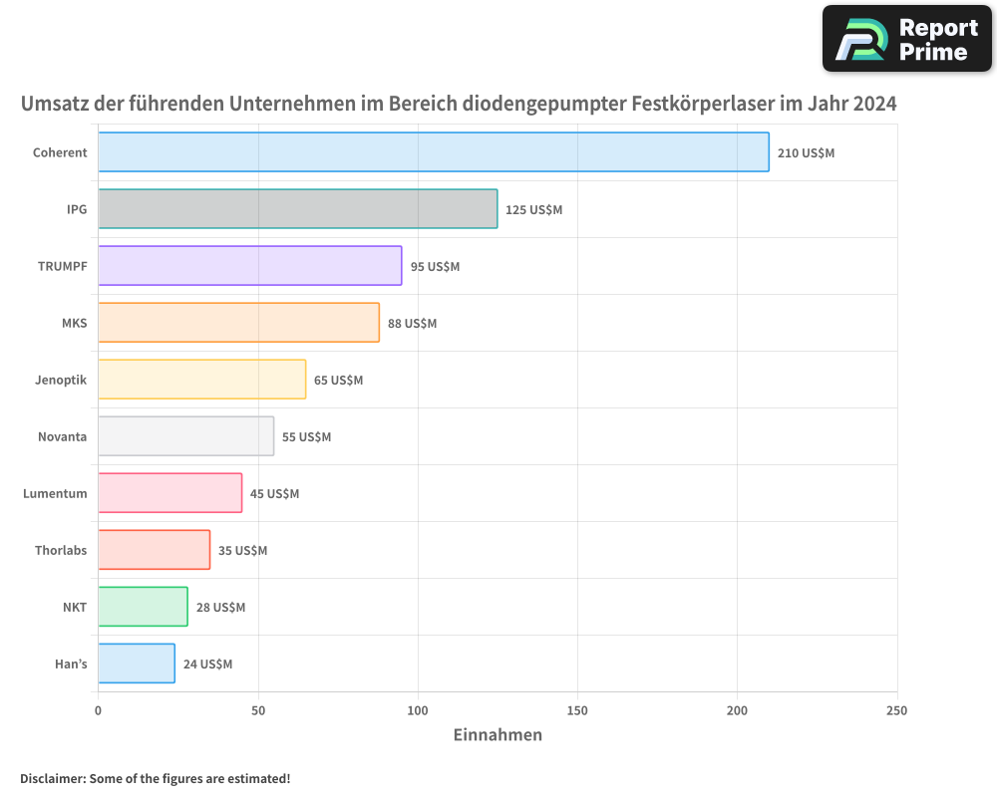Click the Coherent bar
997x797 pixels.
coord(434,152)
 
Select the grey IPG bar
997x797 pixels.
coord(297,209)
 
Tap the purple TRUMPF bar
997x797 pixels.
coord(249,266)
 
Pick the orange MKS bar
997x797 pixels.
coord(238,323)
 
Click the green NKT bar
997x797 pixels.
coord(143,607)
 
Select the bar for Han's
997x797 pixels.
coord(137,664)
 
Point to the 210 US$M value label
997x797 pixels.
coord(806,152)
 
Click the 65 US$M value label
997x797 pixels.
coord(338,380)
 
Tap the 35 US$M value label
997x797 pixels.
coord(242,550)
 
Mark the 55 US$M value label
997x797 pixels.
coord(306,436)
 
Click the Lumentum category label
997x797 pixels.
coord(55,493)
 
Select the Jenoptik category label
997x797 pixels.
coord(60,380)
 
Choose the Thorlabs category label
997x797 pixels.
coord(61,550)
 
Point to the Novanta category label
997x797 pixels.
coord(62,436)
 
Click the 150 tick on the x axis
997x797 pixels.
coord(577,710)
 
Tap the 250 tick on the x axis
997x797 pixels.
coord(896,710)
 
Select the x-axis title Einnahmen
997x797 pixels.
coord(498,735)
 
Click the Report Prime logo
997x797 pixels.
coord(906,39)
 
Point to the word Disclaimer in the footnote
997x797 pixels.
coord(52,778)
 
